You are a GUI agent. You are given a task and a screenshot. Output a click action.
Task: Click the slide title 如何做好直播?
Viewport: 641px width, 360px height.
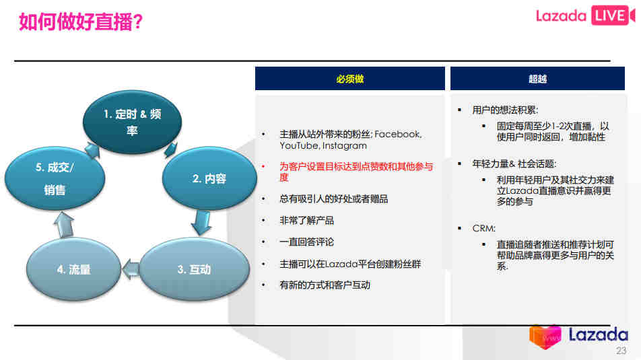tap(81, 22)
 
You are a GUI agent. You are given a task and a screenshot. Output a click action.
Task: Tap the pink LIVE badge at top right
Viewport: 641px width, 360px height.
tap(612, 15)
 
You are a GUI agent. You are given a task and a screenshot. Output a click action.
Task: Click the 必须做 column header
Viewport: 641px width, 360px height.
tap(350, 79)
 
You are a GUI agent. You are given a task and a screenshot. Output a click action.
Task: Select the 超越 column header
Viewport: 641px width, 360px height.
tap(537, 79)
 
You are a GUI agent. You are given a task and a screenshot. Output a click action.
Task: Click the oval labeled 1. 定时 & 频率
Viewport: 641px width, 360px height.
tap(132, 122)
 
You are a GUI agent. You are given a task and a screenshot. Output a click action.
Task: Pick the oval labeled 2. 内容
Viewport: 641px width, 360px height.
tap(209, 178)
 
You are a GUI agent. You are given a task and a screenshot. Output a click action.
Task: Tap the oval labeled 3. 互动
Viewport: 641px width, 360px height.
tap(194, 269)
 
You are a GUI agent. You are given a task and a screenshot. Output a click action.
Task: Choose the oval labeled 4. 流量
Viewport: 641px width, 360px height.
tap(73, 269)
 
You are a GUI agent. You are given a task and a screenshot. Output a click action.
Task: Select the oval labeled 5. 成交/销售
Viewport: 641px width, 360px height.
tap(55, 178)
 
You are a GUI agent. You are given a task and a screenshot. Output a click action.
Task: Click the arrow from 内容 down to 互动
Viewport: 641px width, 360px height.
tap(201, 222)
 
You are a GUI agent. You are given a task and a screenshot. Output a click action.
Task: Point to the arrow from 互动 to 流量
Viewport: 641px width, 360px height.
tap(131, 269)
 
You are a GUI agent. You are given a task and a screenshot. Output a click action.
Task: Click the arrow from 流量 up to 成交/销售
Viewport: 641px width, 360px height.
tap(65, 224)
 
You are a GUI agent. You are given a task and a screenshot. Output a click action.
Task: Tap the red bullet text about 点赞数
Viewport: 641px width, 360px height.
tap(356, 172)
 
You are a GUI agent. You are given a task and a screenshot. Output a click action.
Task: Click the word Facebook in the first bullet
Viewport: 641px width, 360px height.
tap(398, 134)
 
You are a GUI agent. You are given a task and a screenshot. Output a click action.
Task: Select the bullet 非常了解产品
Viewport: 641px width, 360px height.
tap(306, 221)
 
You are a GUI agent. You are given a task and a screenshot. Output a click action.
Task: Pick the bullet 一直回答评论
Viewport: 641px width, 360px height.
tap(306, 242)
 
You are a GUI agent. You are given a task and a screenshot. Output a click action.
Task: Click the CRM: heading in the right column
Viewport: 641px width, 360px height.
tap(483, 228)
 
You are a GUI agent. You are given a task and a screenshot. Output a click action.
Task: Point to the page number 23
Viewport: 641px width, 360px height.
tap(621, 351)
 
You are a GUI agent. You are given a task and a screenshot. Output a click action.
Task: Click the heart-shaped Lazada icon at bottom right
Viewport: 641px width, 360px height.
tap(545, 336)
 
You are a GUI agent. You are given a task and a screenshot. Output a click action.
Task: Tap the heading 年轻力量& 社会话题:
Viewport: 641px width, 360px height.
tap(514, 164)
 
